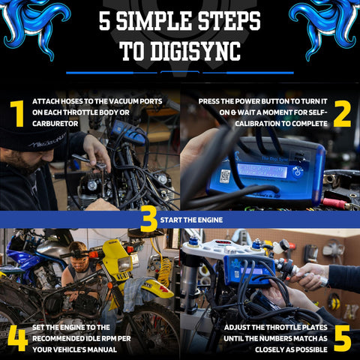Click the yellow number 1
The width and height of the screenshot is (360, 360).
[x=16, y=113]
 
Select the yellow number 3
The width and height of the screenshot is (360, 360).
[x=148, y=218]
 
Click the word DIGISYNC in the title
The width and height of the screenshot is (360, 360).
[x=191, y=51]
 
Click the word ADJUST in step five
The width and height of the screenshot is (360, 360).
[x=241, y=327]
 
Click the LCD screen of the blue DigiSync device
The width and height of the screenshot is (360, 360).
[x=262, y=170]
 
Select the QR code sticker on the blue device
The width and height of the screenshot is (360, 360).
[x=224, y=177]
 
